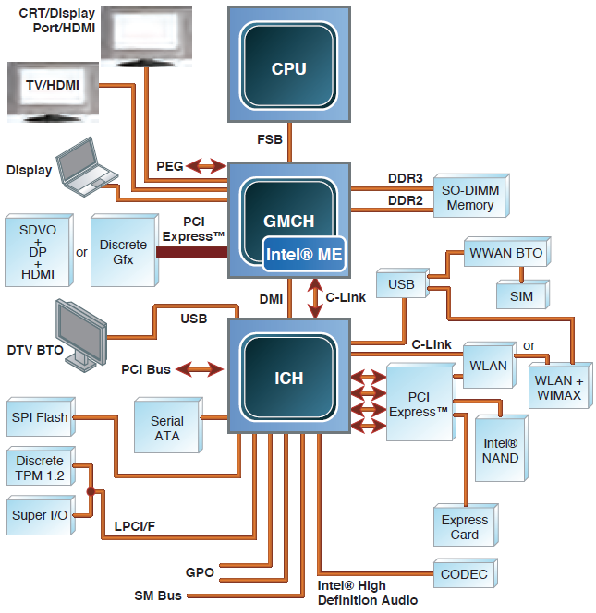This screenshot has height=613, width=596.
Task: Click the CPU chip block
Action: [288, 67]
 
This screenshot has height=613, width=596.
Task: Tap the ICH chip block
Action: [288, 379]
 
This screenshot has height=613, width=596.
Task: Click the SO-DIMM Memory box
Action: [470, 198]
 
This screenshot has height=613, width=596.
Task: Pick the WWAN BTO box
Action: [505, 253]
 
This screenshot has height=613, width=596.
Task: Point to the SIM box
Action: [520, 295]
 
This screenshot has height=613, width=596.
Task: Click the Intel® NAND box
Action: [500, 451]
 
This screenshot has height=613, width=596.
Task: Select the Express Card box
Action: [465, 527]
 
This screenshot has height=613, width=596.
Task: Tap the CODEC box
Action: [464, 574]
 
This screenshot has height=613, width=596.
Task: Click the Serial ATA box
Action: [166, 427]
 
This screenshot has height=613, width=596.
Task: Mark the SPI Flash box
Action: [40, 417]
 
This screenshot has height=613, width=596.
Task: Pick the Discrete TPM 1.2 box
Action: [40, 468]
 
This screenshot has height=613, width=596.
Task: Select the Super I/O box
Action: [40, 515]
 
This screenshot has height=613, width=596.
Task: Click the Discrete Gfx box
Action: [123, 251]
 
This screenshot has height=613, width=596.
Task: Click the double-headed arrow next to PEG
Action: [205, 166]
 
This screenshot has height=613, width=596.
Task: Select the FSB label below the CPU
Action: [270, 139]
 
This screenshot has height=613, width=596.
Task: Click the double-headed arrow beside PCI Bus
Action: [200, 369]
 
